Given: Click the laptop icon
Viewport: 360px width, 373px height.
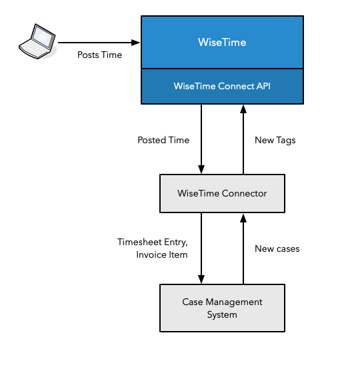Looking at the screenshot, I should click(37, 41).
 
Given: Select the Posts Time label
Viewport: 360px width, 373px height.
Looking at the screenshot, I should click(99, 55).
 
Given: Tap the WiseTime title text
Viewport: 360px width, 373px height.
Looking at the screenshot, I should click(222, 43).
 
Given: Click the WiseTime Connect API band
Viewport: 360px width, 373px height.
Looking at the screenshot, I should click(222, 86).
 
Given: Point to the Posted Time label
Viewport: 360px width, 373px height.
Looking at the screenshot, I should click(163, 140).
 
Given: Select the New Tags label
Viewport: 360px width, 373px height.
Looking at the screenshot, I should click(275, 140).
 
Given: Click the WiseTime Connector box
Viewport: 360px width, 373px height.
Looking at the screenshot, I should click(222, 193).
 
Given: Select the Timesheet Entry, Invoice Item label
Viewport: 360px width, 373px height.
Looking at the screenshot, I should click(153, 248).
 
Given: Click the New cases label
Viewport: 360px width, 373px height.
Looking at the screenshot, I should click(277, 248).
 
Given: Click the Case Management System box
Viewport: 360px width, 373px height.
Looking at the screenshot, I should click(222, 308).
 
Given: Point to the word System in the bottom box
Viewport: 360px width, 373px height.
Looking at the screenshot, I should click(222, 314).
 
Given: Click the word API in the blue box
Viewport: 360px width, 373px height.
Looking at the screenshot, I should click(263, 86).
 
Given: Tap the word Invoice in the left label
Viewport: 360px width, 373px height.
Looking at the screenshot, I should click(151, 254).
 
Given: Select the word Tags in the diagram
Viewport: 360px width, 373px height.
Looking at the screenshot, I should click(285, 140).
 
